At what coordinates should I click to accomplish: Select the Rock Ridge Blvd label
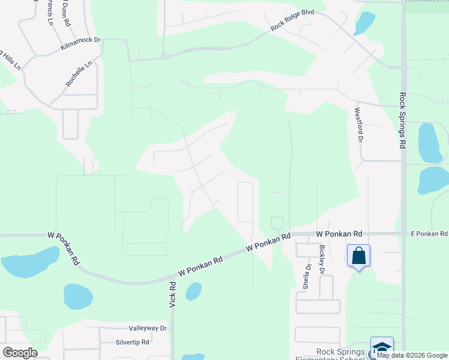(292, 23)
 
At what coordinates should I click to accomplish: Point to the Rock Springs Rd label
(402, 121)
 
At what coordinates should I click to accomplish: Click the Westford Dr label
(358, 124)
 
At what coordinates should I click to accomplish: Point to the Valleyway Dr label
(147, 328)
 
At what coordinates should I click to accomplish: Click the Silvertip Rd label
(133, 342)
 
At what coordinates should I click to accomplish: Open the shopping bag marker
(358, 256)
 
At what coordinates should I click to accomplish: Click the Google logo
(20, 353)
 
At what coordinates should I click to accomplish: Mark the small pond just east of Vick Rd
(193, 292)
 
